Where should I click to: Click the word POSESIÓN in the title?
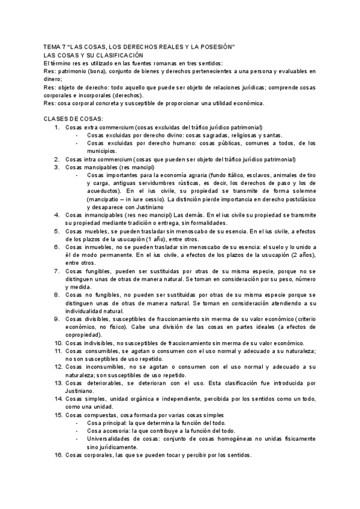[218, 47]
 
